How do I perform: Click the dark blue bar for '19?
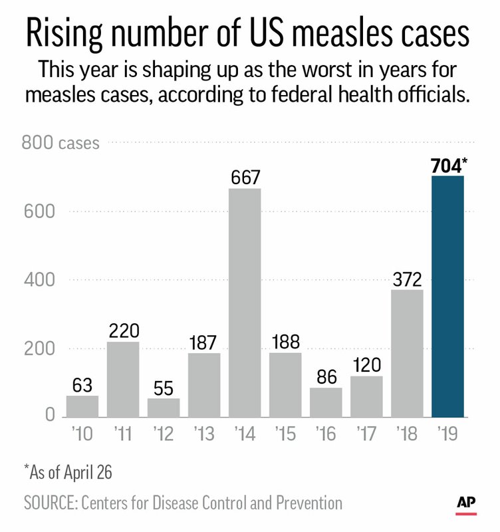click(x=447, y=296)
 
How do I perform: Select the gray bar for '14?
click(x=245, y=303)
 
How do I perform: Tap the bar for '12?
click(x=164, y=407)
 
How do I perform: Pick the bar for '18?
click(x=407, y=352)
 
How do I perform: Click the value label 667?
click(x=245, y=178)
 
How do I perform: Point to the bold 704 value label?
click(x=446, y=164)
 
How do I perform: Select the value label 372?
click(x=407, y=278)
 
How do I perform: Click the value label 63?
click(x=82, y=384)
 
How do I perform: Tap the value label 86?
click(x=326, y=376)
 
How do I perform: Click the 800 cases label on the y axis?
click(x=61, y=142)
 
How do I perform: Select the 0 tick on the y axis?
click(x=49, y=416)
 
